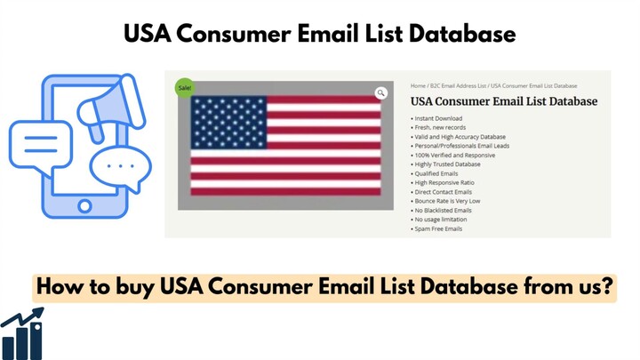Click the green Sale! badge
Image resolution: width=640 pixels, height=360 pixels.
point(184,87)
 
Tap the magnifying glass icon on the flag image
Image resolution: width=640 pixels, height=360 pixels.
point(380,92)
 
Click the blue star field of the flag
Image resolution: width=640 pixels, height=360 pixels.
point(229,121)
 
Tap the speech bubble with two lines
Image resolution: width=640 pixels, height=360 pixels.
point(40,145)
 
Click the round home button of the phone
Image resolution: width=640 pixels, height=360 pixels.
point(84,205)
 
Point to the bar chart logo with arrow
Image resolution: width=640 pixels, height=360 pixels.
point(22,333)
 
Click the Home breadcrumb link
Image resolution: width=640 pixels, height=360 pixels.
point(417,85)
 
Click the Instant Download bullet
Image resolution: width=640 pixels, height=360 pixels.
point(438,117)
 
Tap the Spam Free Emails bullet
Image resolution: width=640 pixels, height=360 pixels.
point(439,228)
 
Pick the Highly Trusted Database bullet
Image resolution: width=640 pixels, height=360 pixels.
point(448,164)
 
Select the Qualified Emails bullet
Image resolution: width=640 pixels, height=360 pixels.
point(437,173)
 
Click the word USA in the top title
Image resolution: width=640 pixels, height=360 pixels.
point(149,35)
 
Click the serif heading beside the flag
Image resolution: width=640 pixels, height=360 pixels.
point(504,101)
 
